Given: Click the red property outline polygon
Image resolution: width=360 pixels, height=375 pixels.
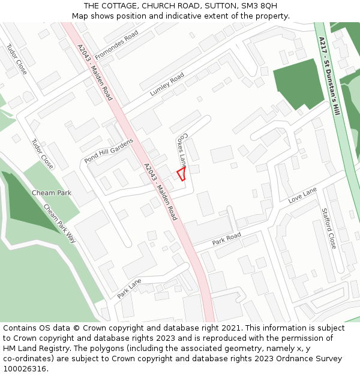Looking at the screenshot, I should point(181,174).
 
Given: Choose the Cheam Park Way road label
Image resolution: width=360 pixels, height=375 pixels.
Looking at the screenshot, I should point(60,223).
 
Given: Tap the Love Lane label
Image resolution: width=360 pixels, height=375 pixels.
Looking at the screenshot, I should point(302,195).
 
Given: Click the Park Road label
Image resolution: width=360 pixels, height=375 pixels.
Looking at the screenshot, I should point(226,238).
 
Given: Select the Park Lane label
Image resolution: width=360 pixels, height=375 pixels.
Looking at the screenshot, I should point(130,289).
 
